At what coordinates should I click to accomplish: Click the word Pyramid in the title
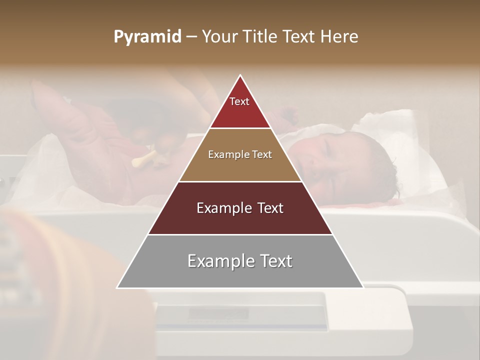tap(147, 36)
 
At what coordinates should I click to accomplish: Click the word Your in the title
tap(220, 36)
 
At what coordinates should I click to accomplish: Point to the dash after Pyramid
tap(191, 37)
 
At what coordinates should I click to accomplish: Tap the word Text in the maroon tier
tap(268, 208)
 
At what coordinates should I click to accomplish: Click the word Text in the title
tap(300, 36)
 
